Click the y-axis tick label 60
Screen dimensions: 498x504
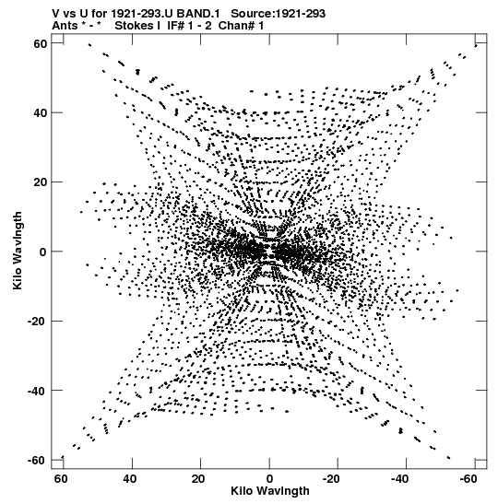tap(41, 43)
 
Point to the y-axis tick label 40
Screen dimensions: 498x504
tap(41, 112)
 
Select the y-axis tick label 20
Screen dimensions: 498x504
tap(41, 182)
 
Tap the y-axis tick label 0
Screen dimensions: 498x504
tap(43, 252)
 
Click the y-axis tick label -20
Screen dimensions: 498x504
tap(38, 322)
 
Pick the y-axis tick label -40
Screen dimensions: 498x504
tap(38, 391)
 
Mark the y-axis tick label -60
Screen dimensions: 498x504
tap(38, 461)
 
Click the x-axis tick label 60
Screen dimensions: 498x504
tap(61, 479)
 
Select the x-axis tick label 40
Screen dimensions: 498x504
tap(130, 479)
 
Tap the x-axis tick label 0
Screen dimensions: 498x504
tap(269, 479)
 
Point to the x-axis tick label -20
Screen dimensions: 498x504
tap(331, 479)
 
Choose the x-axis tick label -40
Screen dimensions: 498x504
tap(400, 479)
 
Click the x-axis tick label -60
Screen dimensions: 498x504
tap(468, 479)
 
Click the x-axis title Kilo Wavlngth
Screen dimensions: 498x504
tap(270, 491)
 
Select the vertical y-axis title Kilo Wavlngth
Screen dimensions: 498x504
tap(18, 251)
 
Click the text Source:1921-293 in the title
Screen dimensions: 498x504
tap(279, 14)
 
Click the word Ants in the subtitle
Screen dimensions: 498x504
tap(65, 26)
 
